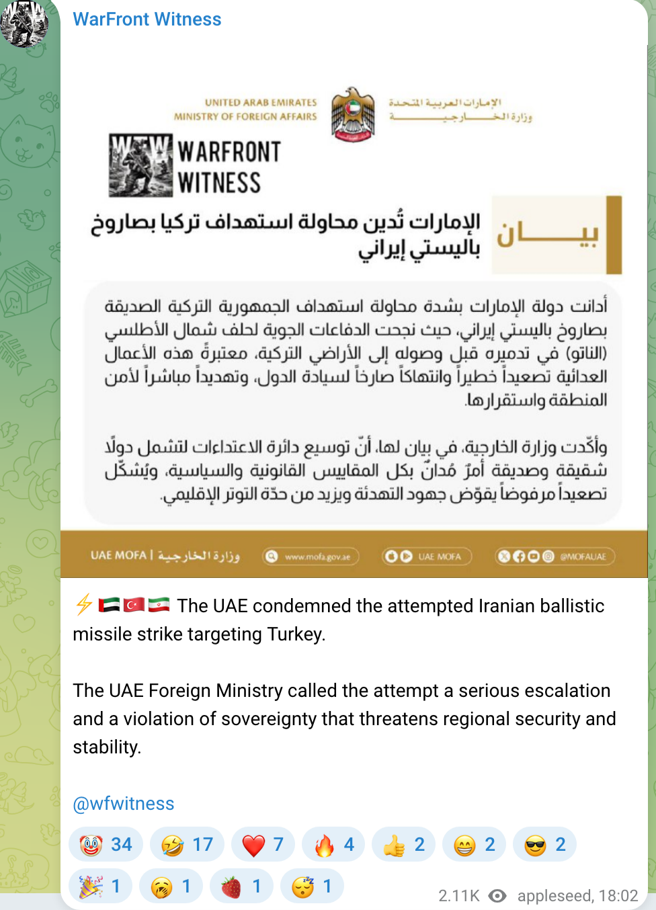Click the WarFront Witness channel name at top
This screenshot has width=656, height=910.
(x=147, y=19)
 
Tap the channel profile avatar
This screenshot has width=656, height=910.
(x=24, y=24)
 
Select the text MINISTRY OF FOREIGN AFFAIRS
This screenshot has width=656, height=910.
(x=245, y=117)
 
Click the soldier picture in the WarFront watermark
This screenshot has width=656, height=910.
(x=140, y=165)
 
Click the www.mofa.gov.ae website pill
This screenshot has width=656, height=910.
(x=311, y=556)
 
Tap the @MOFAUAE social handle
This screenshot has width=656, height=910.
(x=583, y=556)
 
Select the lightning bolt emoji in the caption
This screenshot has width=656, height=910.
(x=84, y=605)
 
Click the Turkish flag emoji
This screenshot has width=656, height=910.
(x=134, y=605)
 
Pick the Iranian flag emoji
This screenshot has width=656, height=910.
(x=159, y=605)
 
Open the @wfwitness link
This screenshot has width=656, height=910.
(x=124, y=804)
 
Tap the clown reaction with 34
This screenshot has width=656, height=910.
(x=106, y=845)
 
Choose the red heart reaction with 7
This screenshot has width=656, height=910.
(x=263, y=845)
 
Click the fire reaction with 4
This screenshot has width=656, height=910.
(x=333, y=845)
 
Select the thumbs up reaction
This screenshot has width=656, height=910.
(x=404, y=845)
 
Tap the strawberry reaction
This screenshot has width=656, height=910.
(x=241, y=886)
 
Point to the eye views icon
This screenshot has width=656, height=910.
(x=497, y=896)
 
